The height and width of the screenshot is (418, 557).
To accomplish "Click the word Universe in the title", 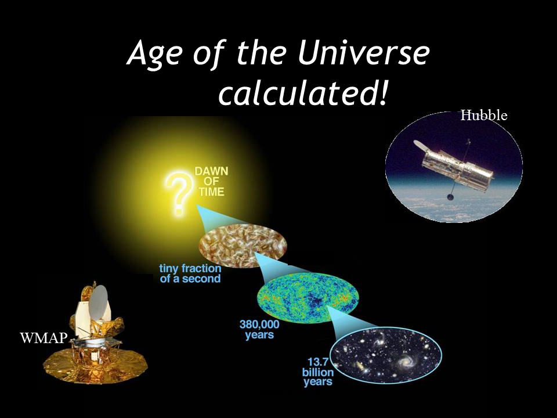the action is click(363, 53).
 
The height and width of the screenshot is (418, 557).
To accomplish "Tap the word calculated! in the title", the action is click(302, 92).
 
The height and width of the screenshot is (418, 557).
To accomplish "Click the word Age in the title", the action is click(155, 57).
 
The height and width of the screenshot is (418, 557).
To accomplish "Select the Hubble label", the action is click(484, 116).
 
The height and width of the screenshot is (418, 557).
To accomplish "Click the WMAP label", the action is click(44, 338).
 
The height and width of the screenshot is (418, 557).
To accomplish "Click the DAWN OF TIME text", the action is click(212, 182).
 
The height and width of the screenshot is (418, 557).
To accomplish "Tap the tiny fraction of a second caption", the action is click(190, 273).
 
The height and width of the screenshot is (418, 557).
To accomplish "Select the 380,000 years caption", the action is click(259, 330).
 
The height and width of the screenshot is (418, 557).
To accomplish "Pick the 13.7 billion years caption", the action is click(318, 372).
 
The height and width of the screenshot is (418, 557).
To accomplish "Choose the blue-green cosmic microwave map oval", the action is click(308, 298).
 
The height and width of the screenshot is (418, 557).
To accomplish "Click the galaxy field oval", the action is click(386, 355).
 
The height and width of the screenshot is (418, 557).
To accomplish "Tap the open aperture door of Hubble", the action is click(422, 145).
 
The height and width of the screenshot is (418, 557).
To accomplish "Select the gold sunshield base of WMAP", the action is click(95, 366).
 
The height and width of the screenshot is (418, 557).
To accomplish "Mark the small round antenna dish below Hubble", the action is click(450, 197).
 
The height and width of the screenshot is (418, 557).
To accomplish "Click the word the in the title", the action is click(261, 53).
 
